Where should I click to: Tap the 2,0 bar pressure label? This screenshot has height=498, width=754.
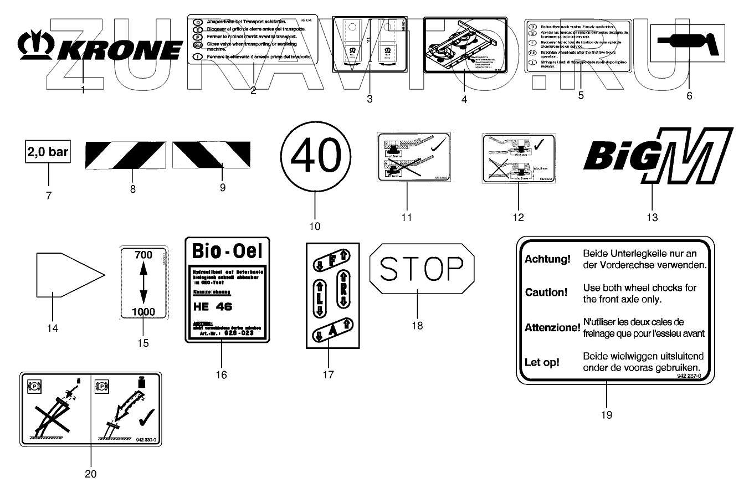pyautogui.click(x=48, y=152)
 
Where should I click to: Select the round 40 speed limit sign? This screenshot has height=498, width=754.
pyautogui.click(x=315, y=155)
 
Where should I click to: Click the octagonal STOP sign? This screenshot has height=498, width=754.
pyautogui.click(x=422, y=269)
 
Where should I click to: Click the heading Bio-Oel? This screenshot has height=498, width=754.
pyautogui.click(x=226, y=250)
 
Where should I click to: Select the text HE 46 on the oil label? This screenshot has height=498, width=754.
pyautogui.click(x=213, y=306)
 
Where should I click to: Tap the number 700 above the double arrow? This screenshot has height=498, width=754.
pyautogui.click(x=143, y=255)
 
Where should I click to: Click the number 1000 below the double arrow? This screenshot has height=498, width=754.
pyautogui.click(x=143, y=312)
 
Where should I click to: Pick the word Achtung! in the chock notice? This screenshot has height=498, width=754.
pyautogui.click(x=547, y=259)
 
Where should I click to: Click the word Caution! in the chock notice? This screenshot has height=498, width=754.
pyautogui.click(x=546, y=292)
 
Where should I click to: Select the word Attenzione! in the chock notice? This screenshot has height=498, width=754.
pyautogui.click(x=552, y=328)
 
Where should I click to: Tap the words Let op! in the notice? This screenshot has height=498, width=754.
pyautogui.click(x=542, y=363)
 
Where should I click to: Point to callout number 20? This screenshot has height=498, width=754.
pyautogui.click(x=90, y=474)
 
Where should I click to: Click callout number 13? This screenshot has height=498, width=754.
pyautogui.click(x=652, y=218)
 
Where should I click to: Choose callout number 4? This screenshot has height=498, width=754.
pyautogui.click(x=464, y=100)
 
